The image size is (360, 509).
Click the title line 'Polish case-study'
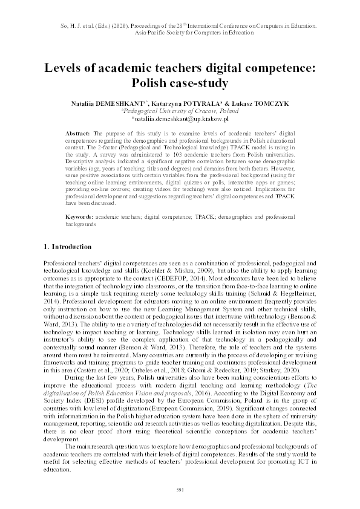[180, 82]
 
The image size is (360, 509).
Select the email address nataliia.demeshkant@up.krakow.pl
[180, 120]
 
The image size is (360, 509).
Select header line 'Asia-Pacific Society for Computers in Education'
[180, 34]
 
